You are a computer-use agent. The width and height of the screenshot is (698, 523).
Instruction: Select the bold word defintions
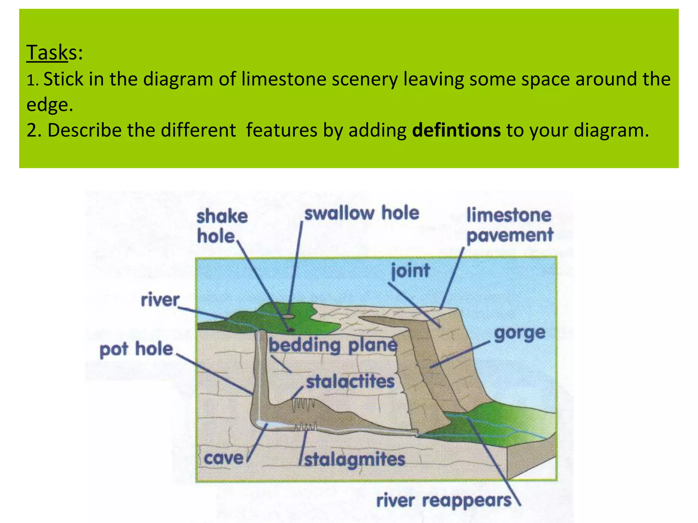point(456,130)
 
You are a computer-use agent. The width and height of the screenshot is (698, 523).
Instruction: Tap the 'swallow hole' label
point(362,213)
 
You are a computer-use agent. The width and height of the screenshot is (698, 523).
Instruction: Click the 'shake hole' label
point(222,226)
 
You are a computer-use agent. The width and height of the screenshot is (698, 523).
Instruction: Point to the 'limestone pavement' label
point(509,225)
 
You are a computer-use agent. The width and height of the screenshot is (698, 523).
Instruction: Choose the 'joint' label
point(410,271)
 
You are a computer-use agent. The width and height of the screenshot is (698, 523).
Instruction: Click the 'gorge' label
point(520,333)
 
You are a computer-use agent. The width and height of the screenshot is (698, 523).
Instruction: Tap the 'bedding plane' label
point(333,346)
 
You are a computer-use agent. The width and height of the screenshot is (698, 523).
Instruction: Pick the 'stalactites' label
point(350,381)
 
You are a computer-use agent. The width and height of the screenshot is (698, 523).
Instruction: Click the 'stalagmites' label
point(354,460)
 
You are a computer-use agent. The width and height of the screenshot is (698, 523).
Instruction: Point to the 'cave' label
point(224,458)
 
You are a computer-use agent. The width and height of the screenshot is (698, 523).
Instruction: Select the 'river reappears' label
point(444,501)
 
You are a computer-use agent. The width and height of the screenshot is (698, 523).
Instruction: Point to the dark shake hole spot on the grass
point(290,329)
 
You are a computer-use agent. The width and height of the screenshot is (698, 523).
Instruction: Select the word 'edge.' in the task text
point(50,105)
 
